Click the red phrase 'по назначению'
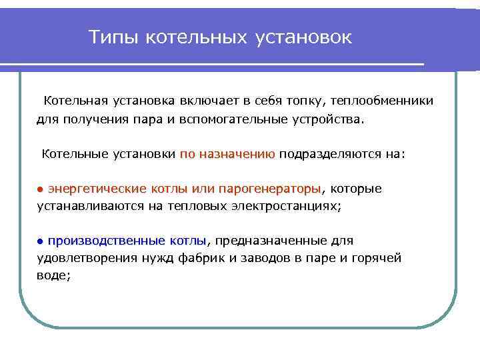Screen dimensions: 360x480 click(227, 154)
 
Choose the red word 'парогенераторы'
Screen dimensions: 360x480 click(278, 189)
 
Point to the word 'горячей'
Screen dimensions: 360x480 click(378, 257)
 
